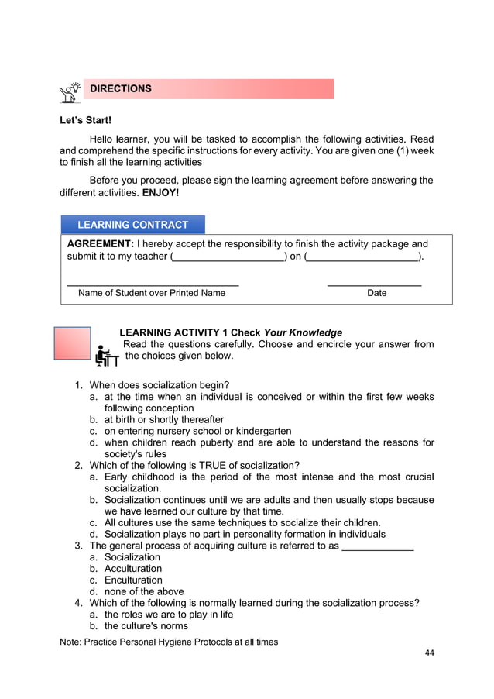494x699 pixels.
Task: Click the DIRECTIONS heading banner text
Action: click(x=121, y=89)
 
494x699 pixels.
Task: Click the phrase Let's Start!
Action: click(x=86, y=121)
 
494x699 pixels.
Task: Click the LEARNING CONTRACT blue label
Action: click(x=132, y=225)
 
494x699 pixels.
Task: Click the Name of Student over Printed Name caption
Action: click(x=152, y=294)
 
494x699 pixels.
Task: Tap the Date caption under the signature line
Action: click(x=376, y=294)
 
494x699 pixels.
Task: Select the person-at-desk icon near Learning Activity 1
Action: click(x=106, y=355)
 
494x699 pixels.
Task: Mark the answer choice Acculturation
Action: click(x=133, y=569)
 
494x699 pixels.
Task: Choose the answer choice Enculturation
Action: click(x=133, y=580)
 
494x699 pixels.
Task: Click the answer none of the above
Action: click(x=144, y=591)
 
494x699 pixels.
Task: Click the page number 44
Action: click(x=429, y=653)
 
